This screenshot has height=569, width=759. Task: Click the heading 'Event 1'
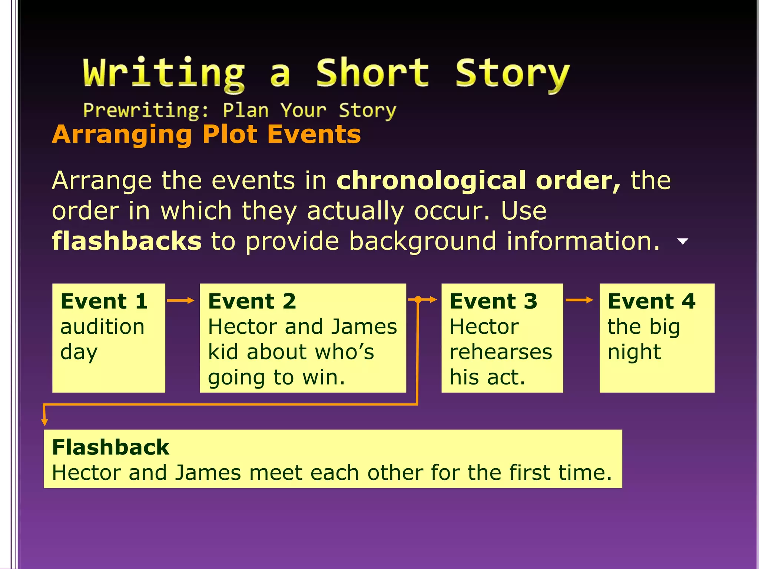point(104,301)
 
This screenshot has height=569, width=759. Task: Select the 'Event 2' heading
point(252,301)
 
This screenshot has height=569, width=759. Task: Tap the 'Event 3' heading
point(493,301)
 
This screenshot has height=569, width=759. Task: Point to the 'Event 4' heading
point(652,301)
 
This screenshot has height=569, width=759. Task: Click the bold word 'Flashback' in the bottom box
point(110,447)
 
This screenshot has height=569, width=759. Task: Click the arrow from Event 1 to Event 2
point(180,300)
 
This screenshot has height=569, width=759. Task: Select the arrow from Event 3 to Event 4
point(579,300)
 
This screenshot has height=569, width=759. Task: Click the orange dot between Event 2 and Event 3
point(418,300)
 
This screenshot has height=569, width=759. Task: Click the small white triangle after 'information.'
point(682,242)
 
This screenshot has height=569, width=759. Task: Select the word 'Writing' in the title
point(164,73)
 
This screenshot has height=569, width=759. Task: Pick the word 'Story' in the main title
point(512,73)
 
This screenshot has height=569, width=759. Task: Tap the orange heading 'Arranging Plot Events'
point(206,134)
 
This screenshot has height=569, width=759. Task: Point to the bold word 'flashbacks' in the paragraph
point(127,241)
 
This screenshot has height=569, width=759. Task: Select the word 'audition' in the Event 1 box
point(102,327)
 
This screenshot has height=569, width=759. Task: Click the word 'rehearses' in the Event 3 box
point(501,352)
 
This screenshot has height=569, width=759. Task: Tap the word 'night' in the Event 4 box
point(634,352)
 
